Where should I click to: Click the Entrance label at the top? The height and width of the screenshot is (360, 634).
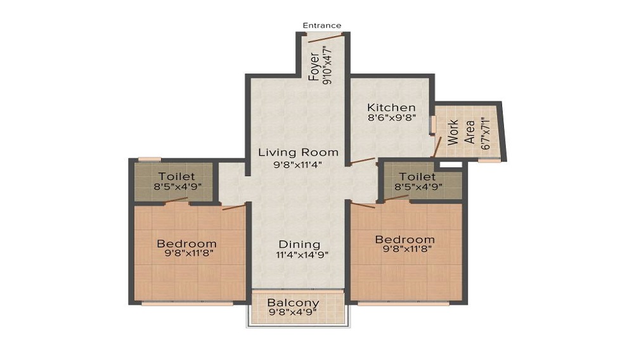coord(321,25)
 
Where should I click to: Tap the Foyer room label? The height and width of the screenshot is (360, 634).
coord(314,67)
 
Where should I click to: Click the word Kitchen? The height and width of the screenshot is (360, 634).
coord(391,107)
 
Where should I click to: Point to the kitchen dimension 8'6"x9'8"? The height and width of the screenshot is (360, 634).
coord(391,118)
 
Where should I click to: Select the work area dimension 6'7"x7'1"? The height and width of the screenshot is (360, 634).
coord(486,133)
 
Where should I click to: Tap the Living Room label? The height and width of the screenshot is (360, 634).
coord(297,152)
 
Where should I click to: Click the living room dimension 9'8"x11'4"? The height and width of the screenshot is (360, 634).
coord(297,165)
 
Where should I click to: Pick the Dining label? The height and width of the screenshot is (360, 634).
coord(300,245)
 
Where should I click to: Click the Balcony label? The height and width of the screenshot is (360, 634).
coord(292,303)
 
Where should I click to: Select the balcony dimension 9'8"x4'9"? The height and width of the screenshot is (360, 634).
coord(292,313)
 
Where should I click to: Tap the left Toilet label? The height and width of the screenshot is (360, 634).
coord(176,176)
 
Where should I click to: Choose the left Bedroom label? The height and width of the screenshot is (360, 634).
coord(186,243)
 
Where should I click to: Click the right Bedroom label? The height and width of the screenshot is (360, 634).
coord(404,240)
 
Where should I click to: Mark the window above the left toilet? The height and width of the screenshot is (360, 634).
coord(150,159)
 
